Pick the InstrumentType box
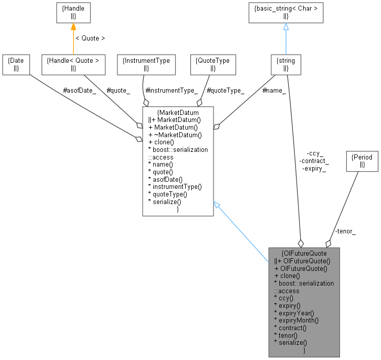point(146,64)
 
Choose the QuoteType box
point(213,64)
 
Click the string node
point(286,64)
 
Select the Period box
point(361,161)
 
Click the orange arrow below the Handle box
point(74,38)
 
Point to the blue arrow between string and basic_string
point(286,38)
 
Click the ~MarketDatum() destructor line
point(175,134)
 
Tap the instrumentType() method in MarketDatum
point(175,186)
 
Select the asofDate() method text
point(166,179)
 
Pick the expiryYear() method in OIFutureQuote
point(293,313)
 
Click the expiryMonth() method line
point(296,321)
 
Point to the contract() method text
point(290,328)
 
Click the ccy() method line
point(284,298)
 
